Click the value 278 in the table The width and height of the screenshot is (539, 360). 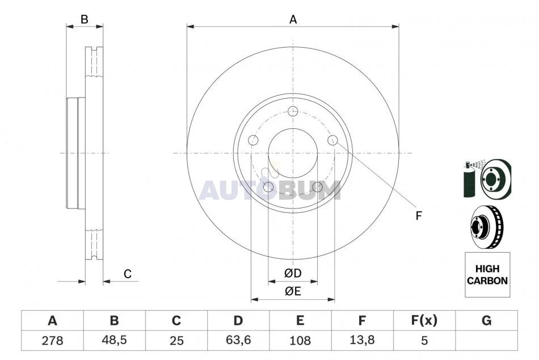tap(53, 340)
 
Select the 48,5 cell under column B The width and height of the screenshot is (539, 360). tap(114, 340)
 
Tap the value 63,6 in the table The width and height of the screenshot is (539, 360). tap(238, 340)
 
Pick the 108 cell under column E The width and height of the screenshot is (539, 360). tap(300, 340)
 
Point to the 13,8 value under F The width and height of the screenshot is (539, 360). tap(362, 340)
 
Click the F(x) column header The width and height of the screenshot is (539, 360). tap(424, 320)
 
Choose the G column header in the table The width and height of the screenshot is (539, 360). tap(486, 320)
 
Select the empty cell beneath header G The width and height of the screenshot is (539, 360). tap(486, 340)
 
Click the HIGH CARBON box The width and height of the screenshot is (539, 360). tap(487, 275)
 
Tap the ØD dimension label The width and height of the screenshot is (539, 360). tap(293, 273)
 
